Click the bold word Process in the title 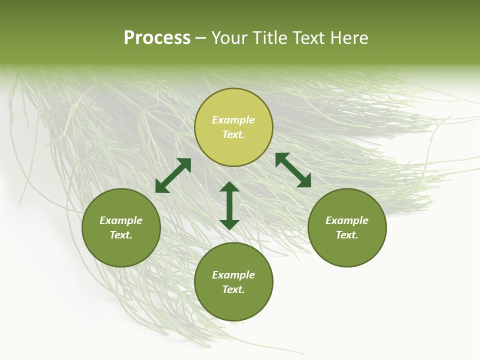157,38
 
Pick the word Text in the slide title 309,38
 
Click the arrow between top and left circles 173,175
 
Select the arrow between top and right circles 293,170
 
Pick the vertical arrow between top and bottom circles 229,205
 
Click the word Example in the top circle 233,120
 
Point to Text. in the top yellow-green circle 233,134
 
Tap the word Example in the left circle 121,220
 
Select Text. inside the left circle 121,235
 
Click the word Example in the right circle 347,220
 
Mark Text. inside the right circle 347,235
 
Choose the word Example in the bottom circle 233,275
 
